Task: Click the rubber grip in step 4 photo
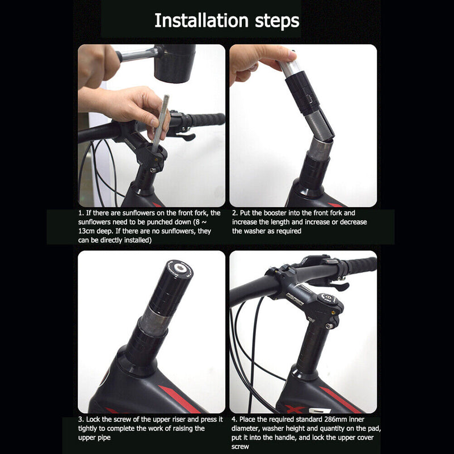(358, 266)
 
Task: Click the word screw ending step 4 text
(242, 447)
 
